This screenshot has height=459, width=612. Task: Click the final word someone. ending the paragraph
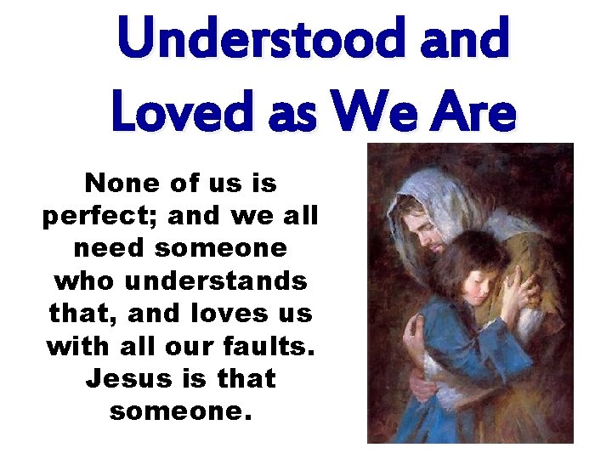(x=180, y=411)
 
